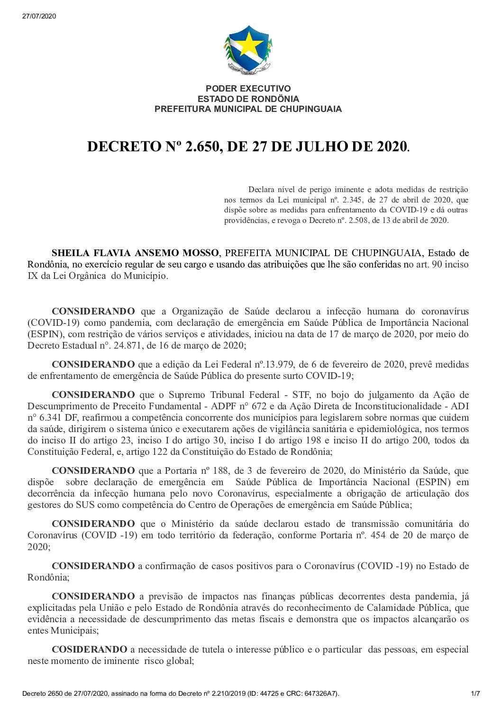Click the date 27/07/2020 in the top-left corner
coord(39,16)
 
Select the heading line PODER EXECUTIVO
coord(248,89)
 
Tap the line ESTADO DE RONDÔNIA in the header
coord(248,99)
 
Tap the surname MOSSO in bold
coord(201,253)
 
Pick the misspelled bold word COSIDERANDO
coord(89,650)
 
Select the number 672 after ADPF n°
coord(267,406)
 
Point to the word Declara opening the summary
coord(261,190)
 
